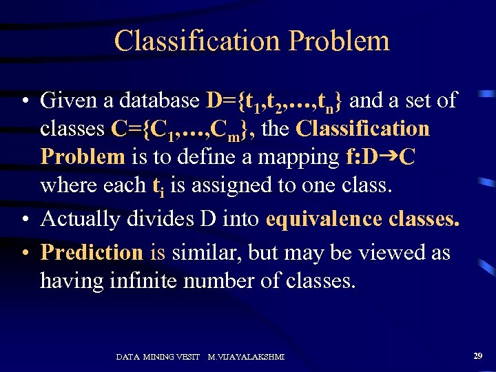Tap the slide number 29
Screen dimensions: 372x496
pyautogui.click(x=477, y=355)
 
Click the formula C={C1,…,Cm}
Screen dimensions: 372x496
pyautogui.click(x=178, y=130)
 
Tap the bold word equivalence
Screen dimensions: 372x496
pyautogui.click(x=323, y=219)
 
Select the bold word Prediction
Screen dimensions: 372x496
pyautogui.click(x=92, y=252)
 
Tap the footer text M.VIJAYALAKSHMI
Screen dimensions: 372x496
pyautogui.click(x=246, y=357)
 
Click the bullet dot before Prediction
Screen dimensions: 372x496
pyautogui.click(x=23, y=253)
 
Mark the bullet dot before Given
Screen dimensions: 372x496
pyautogui.click(x=23, y=101)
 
